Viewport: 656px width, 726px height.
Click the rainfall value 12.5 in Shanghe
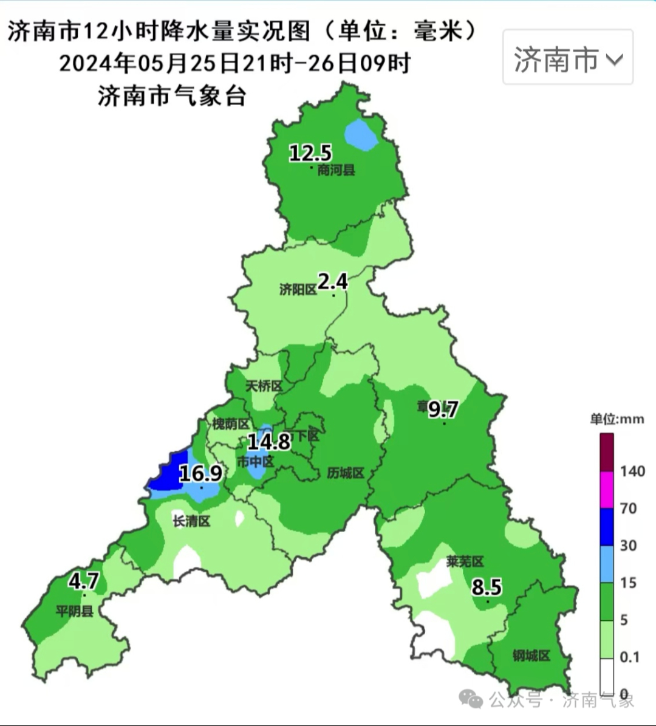310,152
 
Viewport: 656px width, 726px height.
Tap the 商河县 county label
336,170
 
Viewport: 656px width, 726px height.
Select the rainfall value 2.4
333,281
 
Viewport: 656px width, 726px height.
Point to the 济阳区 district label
298,290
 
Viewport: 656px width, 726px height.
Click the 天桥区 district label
264,386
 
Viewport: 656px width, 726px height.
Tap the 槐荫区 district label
230,423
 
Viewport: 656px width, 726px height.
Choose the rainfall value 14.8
268,441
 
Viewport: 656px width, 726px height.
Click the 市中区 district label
255,462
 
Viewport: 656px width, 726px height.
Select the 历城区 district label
345,473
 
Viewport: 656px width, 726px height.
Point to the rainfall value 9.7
443,409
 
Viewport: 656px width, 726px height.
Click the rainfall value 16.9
200,473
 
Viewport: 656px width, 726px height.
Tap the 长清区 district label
191,521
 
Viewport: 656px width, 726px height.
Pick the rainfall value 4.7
83,581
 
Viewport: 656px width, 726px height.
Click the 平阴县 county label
75,611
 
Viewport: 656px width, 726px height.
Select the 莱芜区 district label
465,562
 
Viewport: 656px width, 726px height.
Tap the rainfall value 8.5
487,587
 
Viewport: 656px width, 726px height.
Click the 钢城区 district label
531,656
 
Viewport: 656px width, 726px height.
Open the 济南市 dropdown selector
568,58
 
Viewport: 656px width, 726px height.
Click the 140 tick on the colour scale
632,471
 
